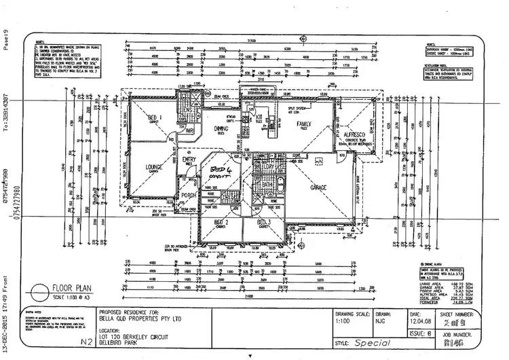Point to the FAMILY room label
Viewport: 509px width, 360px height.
303,123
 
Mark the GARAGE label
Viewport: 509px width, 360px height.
319,187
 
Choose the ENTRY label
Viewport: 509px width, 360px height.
189,160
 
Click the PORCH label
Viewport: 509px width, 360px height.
189,195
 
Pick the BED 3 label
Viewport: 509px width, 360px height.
264,221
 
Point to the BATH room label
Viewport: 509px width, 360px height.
267,183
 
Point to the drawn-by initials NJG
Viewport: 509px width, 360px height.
383,323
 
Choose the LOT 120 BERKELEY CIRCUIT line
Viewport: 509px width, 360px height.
139,337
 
